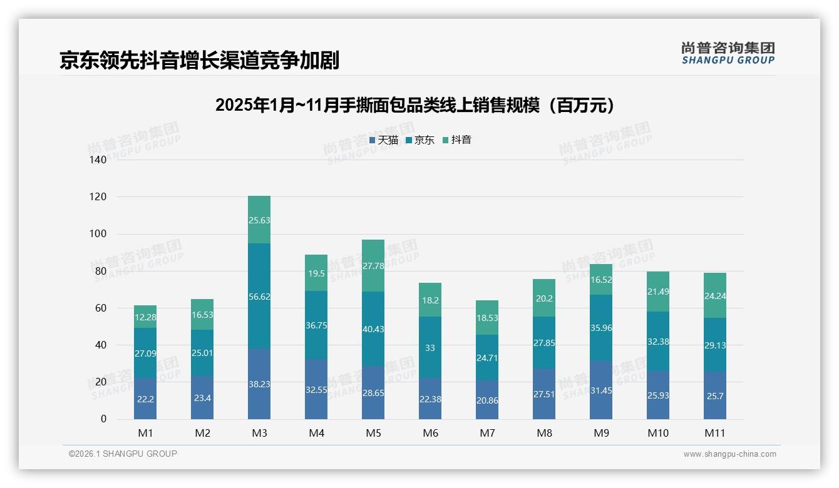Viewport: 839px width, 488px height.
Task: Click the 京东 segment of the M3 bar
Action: (259, 296)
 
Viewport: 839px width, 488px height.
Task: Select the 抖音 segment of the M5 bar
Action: (373, 265)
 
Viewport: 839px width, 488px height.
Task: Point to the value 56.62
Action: (259, 297)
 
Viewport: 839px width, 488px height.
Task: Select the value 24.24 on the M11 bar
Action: (715, 296)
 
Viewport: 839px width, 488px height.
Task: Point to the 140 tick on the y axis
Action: (98, 160)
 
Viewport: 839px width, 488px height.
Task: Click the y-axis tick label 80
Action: (101, 272)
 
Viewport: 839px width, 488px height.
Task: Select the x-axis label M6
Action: (430, 433)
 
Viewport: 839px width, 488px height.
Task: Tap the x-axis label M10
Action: (658, 433)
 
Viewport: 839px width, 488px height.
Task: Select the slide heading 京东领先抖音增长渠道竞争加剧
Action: (199, 60)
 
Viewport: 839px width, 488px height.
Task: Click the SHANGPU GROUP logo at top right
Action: (728, 53)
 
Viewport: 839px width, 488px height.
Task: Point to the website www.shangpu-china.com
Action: (729, 454)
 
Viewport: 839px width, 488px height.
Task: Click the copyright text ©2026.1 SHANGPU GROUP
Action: (123, 454)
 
